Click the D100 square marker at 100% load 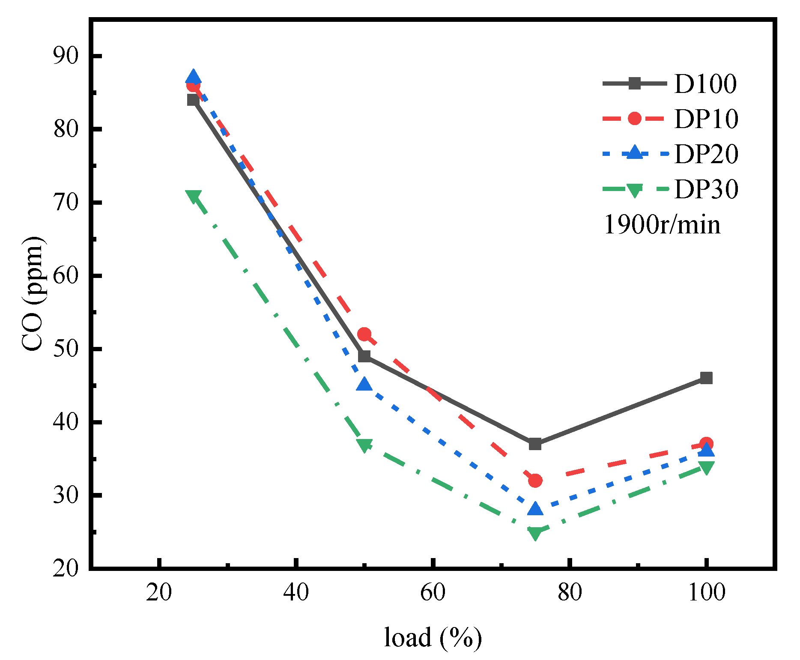coord(706,378)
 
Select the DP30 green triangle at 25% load coord(193,196)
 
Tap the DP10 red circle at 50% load coord(364,334)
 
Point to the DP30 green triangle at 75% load coord(535,533)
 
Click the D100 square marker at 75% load coord(535,444)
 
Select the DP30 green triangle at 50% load coord(364,445)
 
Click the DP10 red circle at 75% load coord(535,481)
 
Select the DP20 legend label coord(706,154)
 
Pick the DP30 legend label coord(706,189)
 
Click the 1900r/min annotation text coord(662,224)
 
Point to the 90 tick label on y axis coord(66,56)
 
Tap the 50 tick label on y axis coord(66,349)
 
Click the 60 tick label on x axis coord(433,593)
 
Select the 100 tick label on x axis coord(706,593)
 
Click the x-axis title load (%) coord(433,637)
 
